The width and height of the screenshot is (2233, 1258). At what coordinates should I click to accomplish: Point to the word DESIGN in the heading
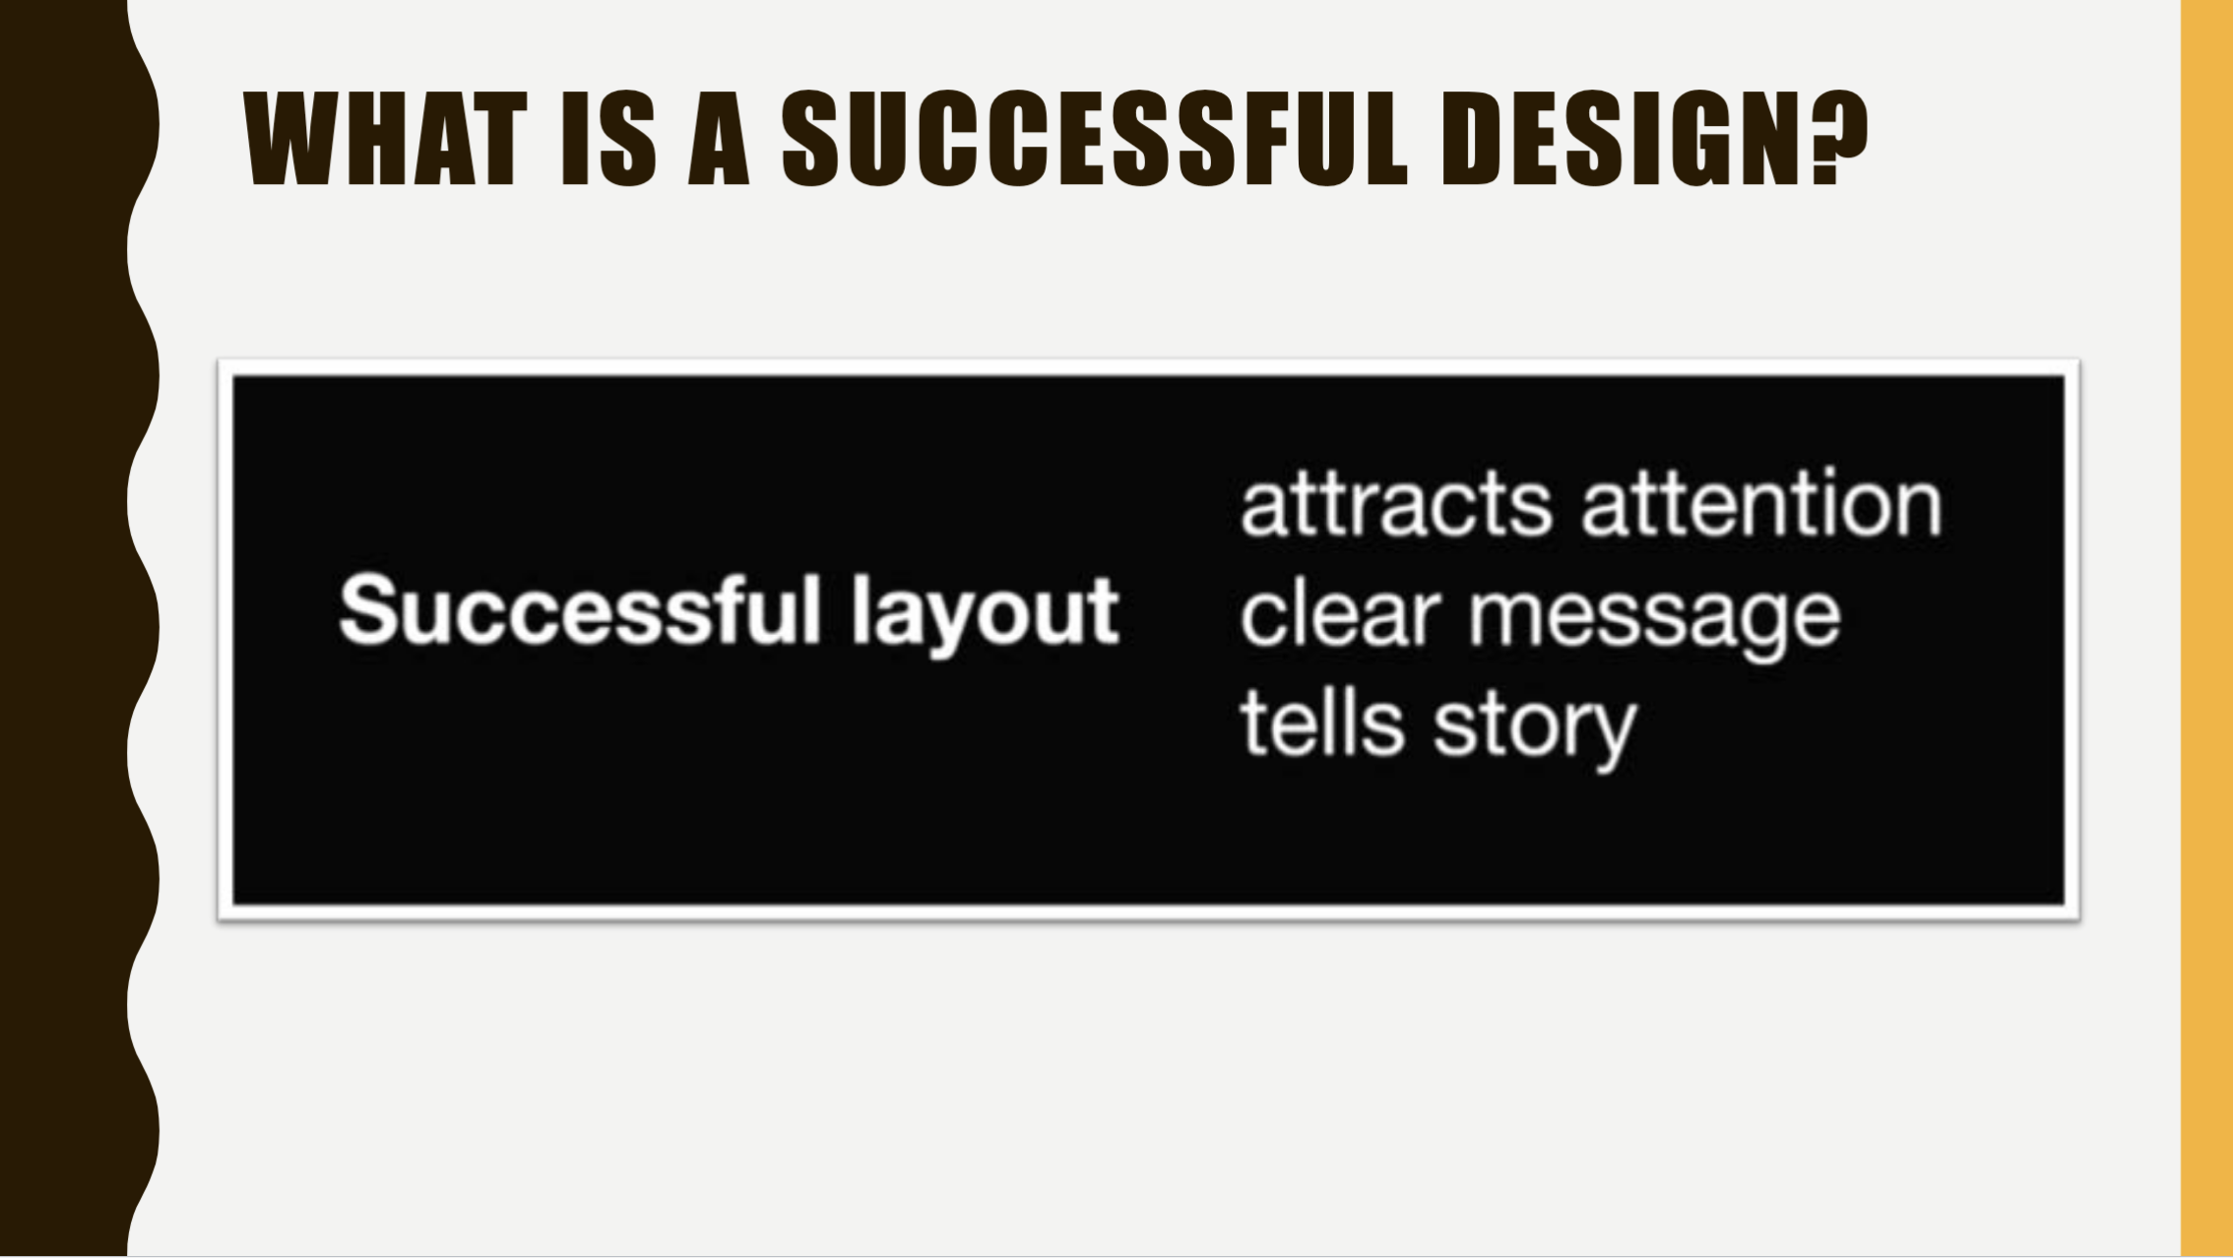click(1628, 139)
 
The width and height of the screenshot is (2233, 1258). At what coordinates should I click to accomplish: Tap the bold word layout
click(985, 613)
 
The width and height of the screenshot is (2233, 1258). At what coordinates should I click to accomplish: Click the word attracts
click(1395, 505)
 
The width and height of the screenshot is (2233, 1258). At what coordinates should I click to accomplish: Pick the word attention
click(1760, 505)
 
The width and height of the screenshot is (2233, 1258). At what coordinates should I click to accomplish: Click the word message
click(1654, 617)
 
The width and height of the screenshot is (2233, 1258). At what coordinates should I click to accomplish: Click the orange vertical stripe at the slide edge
click(2206, 629)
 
